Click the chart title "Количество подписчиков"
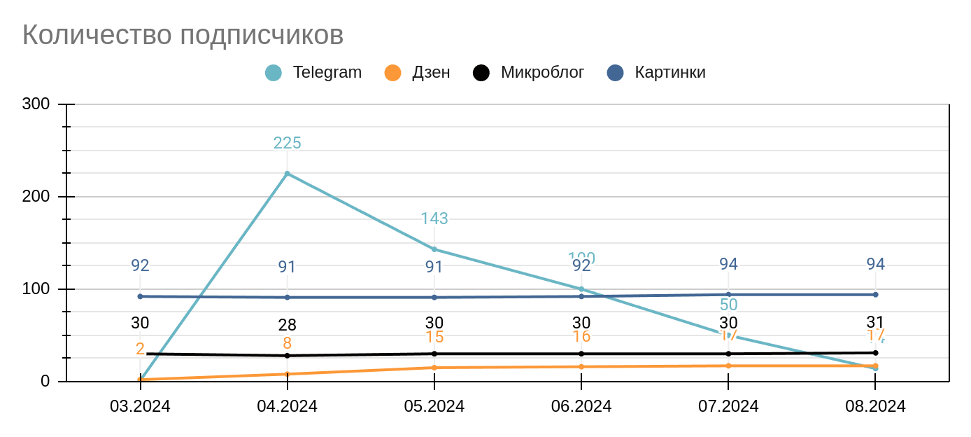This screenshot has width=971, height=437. pyautogui.click(x=183, y=34)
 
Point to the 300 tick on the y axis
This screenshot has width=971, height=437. pyautogui.click(x=36, y=104)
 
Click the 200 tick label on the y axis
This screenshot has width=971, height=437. pyautogui.click(x=36, y=197)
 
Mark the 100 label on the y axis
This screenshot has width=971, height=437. pyautogui.click(x=36, y=289)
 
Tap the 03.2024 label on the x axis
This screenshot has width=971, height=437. pyautogui.click(x=140, y=406)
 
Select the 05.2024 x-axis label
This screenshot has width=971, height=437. pyautogui.click(x=434, y=406)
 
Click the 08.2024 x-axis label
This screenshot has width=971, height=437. pyautogui.click(x=875, y=406)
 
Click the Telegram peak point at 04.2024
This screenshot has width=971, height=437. pyautogui.click(x=287, y=173)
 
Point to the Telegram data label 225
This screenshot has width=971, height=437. pyautogui.click(x=287, y=143)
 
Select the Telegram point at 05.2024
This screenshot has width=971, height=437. pyautogui.click(x=434, y=249)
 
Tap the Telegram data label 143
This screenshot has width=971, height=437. pyautogui.click(x=434, y=218)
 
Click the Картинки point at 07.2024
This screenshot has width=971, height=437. pyautogui.click(x=728, y=295)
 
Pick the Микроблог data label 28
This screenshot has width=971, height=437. pyautogui.click(x=287, y=325)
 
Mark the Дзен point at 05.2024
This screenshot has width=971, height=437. pyautogui.click(x=434, y=368)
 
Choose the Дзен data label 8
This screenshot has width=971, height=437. pyautogui.click(x=287, y=343)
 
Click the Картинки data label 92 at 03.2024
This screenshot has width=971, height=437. pyautogui.click(x=140, y=265)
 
